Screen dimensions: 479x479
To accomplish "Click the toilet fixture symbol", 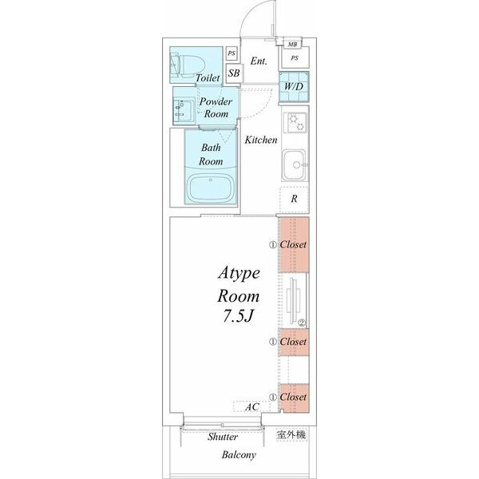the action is (187, 65).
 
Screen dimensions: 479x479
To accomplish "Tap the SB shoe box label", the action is (234, 73).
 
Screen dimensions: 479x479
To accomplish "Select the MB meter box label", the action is (292, 44).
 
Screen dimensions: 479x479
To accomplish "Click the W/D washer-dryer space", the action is (294, 87).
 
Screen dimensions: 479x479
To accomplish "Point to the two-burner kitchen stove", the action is (295, 122).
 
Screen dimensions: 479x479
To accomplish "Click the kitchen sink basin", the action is (294, 165).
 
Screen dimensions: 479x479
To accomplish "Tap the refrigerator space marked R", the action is (294, 199).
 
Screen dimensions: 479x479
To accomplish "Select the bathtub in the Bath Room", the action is (211, 188).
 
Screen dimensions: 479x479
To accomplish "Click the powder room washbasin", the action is (184, 111).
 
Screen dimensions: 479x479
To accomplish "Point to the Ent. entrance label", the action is (259, 61).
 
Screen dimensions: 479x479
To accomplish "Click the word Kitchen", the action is (261, 140).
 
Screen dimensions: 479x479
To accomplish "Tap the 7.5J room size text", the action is (238, 316).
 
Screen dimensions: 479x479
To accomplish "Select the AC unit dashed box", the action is (251, 406).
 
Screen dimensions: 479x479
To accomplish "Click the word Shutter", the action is (223, 437).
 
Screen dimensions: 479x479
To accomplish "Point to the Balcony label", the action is (239, 455).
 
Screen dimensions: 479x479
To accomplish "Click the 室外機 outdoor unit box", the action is (291, 435).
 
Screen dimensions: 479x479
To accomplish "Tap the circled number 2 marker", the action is (302, 323).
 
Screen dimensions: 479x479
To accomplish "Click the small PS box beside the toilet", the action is (232, 53).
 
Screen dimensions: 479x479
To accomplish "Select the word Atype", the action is (239, 273).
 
